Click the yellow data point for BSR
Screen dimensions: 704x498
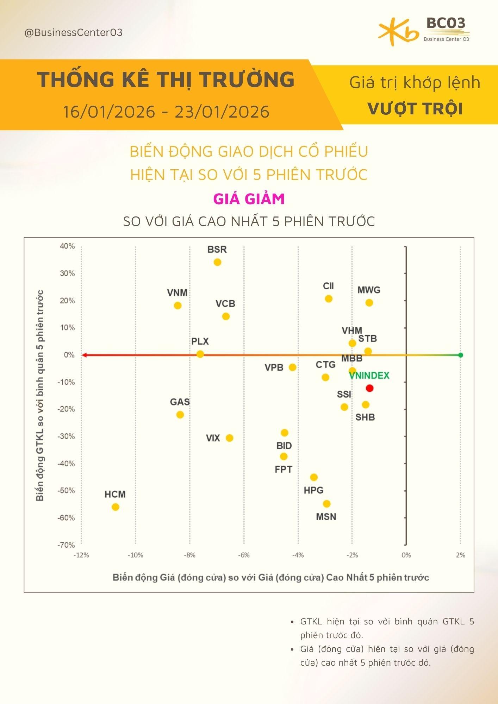pos(217,262)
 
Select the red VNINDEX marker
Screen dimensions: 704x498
pos(369,388)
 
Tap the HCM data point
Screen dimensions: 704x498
pos(115,507)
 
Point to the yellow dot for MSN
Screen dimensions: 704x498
pos(326,504)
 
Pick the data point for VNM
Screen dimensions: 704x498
pos(178,306)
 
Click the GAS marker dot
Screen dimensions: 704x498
pos(180,415)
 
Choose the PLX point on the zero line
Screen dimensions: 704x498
pos(200,354)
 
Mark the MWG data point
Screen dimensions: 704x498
pos(369,303)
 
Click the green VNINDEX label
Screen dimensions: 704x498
pos(369,376)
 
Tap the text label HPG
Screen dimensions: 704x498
pos(313,490)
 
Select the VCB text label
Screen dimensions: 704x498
pos(225,303)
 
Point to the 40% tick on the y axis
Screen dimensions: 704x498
pos(67,246)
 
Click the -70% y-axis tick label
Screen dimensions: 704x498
pos(66,545)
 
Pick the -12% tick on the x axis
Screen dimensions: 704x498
pos(81,555)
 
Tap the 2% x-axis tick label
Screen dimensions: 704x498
pos(460,555)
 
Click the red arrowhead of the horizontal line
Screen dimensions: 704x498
pos(84,355)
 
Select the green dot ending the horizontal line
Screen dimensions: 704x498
pos(461,355)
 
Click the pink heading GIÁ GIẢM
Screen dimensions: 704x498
pos(249,199)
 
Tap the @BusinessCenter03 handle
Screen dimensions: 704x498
pos(73,33)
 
